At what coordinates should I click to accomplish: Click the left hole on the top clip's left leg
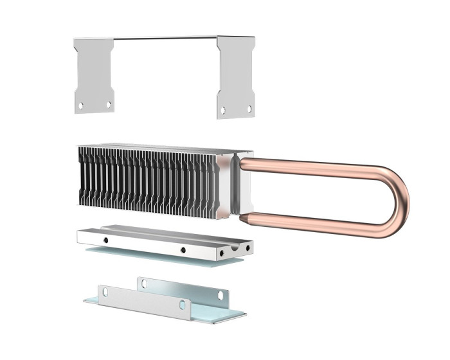pos(81,105)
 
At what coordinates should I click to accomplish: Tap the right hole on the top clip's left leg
pos(108,104)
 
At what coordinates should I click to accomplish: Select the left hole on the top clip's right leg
pos(223,110)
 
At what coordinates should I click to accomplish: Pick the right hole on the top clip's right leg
pos(249,109)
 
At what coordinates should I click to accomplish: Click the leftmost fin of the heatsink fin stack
pos(81,175)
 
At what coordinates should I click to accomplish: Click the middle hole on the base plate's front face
pos(183,249)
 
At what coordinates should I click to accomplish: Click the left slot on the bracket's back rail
pos(143,283)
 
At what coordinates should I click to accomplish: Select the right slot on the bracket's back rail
pos(220,295)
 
